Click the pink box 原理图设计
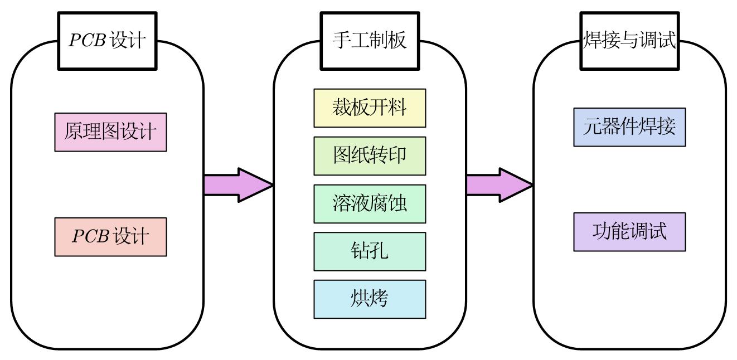(x=110, y=132)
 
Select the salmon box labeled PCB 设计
(x=110, y=237)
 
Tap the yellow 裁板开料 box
(x=370, y=108)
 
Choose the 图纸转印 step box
(x=370, y=156)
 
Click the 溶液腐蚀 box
(x=370, y=204)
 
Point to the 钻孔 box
(x=370, y=251)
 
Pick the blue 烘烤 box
(x=370, y=299)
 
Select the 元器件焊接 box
(x=629, y=128)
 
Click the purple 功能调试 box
(x=629, y=232)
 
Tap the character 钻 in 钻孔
(x=360, y=251)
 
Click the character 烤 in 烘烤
(x=379, y=299)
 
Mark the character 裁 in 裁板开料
(x=342, y=108)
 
